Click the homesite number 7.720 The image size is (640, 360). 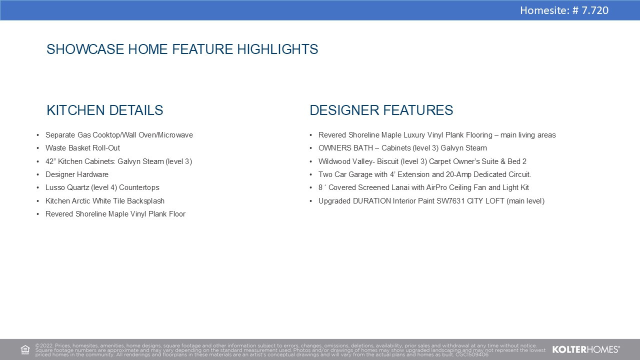[595, 10]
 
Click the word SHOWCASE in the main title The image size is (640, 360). [85, 49]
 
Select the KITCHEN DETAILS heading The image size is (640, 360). [105, 110]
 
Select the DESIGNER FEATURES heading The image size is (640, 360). [381, 110]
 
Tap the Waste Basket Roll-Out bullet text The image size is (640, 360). [82, 148]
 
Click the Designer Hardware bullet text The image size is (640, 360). [77, 174]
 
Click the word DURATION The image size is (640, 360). [371, 201]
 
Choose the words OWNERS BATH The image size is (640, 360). [345, 148]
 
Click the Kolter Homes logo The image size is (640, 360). [585, 349]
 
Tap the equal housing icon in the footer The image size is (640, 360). [25, 349]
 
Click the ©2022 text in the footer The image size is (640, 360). [44, 345]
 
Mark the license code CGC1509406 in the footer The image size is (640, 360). [472, 355]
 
